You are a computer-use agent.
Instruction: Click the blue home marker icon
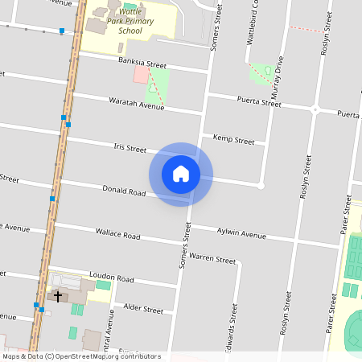click(181, 174)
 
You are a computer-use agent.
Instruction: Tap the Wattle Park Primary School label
click(130, 22)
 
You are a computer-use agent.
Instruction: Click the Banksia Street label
click(142, 64)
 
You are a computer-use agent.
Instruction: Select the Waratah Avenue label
click(136, 103)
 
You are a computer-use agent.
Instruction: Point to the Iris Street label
click(130, 149)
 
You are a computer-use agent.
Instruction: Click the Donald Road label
click(124, 192)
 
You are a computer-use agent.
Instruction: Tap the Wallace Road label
click(117, 236)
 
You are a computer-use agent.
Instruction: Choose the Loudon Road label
click(111, 278)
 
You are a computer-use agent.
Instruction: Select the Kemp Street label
click(233, 140)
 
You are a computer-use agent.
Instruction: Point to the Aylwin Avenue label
click(241, 234)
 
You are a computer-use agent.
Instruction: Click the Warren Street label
click(213, 260)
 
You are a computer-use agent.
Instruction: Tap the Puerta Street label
click(259, 102)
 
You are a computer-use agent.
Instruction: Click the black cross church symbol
click(58, 296)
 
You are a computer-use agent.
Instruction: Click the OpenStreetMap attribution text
click(80, 356)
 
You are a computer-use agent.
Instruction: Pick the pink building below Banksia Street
click(141, 75)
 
